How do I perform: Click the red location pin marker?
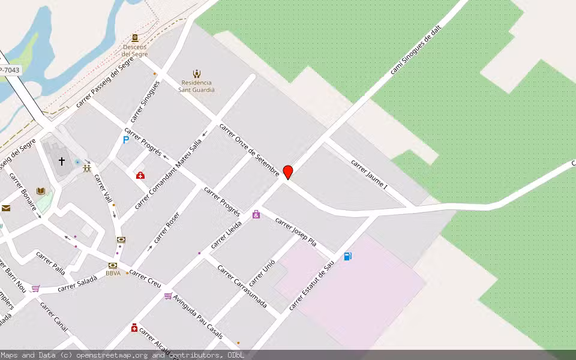[288, 172]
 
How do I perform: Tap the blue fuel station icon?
[348, 257]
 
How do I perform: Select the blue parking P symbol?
[126, 140]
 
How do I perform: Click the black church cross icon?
[61, 161]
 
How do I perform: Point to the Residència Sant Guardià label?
[196, 86]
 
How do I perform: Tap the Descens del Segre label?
[135, 50]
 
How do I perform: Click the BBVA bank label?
[113, 273]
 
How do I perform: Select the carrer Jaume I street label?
[369, 174]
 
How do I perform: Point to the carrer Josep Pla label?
[295, 232]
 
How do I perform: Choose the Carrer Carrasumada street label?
[242, 286]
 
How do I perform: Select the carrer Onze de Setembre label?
[249, 150]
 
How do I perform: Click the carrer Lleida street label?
[226, 234]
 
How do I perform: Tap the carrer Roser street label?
[166, 227]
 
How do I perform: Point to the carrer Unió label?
[263, 272]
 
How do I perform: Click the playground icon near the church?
[88, 169]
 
